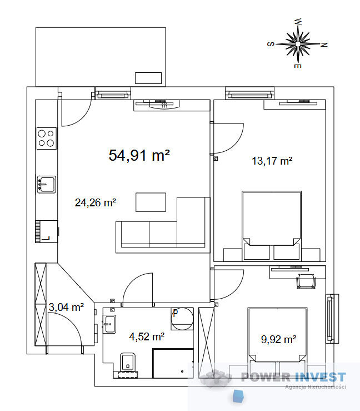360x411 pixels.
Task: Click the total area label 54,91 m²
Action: coord(139,155)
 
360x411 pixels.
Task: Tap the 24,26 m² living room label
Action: coord(96,202)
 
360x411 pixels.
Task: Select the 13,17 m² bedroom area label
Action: coord(272,161)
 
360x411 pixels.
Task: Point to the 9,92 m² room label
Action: coord(278,339)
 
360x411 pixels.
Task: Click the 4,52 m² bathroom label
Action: coord(147,336)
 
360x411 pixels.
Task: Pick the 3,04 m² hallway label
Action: coord(66,307)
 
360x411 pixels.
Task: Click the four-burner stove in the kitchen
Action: coord(46,138)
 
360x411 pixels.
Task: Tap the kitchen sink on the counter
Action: coord(46,184)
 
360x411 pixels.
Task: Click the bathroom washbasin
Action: coord(109,324)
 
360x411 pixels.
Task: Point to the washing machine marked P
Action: coord(182,319)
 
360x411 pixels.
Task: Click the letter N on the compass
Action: coord(324,44)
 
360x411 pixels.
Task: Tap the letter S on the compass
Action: coord(271,44)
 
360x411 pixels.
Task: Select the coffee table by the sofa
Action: coord(151,202)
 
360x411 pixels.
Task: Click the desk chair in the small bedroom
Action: coord(306,281)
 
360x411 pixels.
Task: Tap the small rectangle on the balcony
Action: coord(148,78)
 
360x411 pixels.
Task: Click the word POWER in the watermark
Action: coord(266,377)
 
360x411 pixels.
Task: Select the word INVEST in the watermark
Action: coord(320,377)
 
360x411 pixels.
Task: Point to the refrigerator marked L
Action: coord(46,231)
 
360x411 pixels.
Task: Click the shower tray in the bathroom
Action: coord(173,363)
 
